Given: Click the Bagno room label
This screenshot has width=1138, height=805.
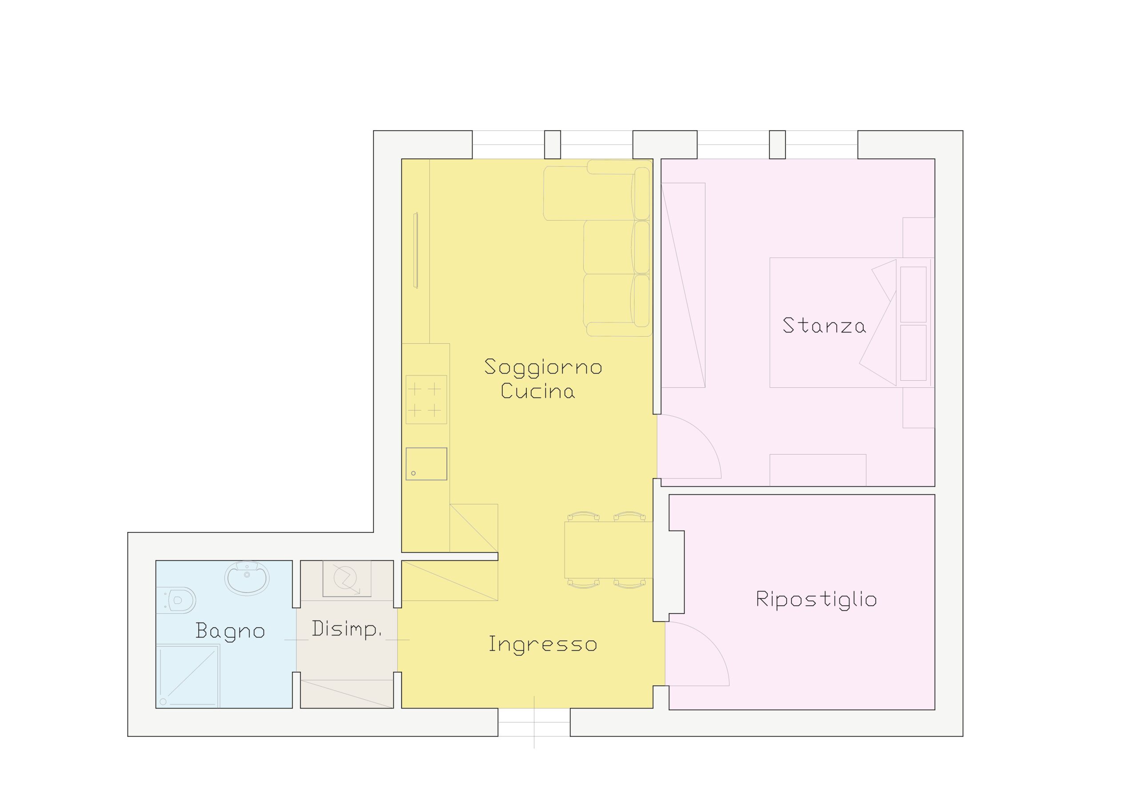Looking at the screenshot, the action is pos(230,632).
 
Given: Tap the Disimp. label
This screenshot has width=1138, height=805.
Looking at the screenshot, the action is pos(346,629).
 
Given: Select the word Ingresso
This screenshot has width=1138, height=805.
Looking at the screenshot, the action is pos(543,645).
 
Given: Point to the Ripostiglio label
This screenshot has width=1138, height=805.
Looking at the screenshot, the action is pos(816,600).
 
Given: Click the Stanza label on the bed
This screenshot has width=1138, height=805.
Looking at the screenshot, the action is pos(824,326).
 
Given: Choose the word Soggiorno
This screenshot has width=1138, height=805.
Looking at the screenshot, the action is pos(543,367).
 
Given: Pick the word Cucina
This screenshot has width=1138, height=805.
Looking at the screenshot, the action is pos(538,391).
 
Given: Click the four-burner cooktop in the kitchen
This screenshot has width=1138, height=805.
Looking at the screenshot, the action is pos(426,399).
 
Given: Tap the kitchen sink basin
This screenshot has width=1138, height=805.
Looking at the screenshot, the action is pos(426,464).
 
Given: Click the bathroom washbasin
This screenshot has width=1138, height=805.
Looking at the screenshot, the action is pos(247,578).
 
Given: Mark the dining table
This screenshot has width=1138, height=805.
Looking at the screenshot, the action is pos(609,550).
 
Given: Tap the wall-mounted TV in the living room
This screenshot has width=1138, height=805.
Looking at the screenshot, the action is pos(416,250).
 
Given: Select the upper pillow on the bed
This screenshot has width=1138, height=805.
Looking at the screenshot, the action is pos(913,294).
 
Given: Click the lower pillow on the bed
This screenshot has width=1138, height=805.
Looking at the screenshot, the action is pos(913,353).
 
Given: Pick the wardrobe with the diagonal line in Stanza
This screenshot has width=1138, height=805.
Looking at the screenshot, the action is pos(683,285).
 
